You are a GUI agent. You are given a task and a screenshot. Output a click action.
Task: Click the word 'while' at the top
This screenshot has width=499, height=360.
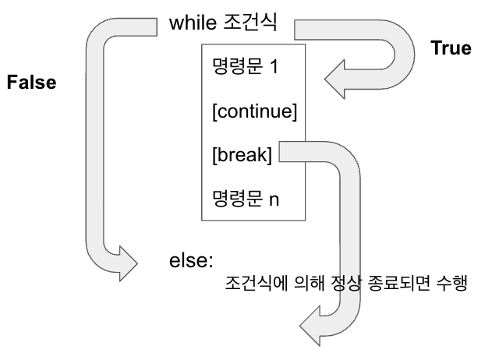tap(190, 23)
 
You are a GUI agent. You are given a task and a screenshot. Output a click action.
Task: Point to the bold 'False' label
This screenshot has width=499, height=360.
tap(31, 83)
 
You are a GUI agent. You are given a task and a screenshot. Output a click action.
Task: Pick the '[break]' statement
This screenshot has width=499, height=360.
tap(242, 155)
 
